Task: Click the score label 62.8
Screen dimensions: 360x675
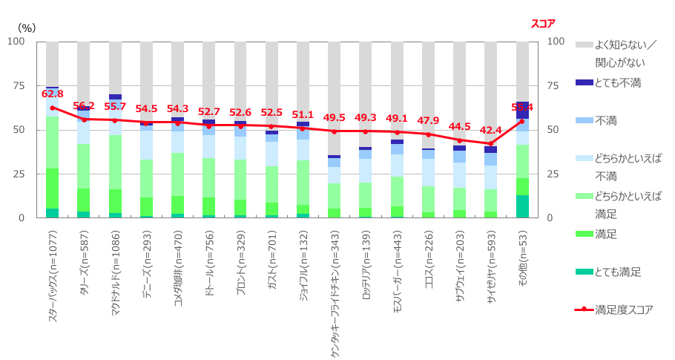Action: [x=53, y=94]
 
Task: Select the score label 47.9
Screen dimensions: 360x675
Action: [x=428, y=121]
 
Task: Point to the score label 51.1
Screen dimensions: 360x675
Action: [x=303, y=115]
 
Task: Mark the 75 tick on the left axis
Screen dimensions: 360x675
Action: [x=20, y=85]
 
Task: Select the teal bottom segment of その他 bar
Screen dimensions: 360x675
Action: [x=522, y=206]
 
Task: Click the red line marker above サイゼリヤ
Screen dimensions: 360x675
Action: [x=490, y=143]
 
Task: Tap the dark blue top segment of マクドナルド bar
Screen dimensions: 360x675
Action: [x=115, y=96]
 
